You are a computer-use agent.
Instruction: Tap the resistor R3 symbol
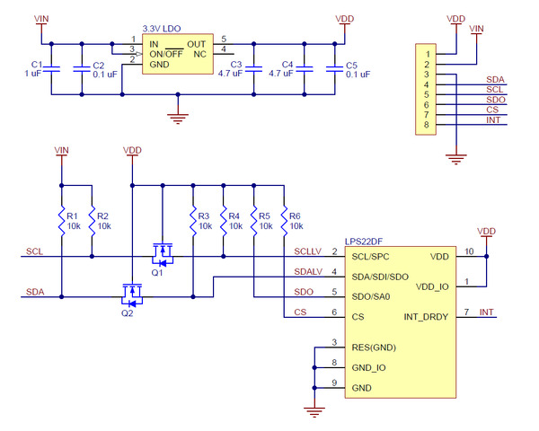pos(193,220)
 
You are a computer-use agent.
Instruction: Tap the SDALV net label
pos(308,271)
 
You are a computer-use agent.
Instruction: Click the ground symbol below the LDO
pos(180,114)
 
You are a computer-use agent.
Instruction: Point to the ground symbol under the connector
pos(456,159)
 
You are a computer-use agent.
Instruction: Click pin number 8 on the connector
pos(429,125)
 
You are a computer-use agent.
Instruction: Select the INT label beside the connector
pos(493,120)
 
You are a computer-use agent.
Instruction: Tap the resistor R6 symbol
pos(285,220)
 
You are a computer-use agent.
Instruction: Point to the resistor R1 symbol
pos(61,220)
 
